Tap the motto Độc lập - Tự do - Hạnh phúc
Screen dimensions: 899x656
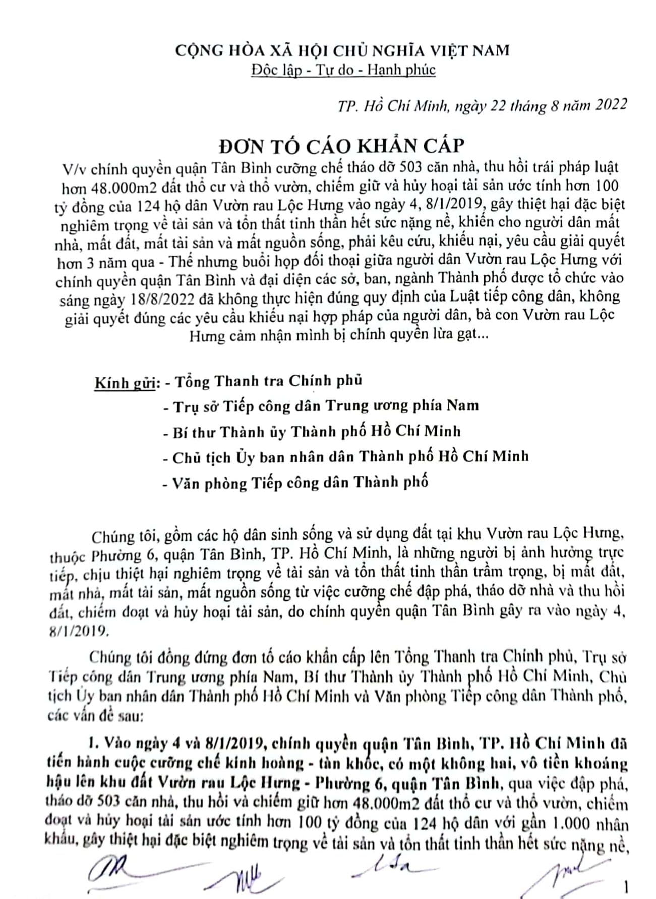click(343, 69)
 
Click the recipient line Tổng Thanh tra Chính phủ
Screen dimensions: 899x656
click(268, 380)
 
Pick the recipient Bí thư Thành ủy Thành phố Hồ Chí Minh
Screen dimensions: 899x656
click(316, 431)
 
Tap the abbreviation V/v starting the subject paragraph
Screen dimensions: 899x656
click(70, 168)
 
